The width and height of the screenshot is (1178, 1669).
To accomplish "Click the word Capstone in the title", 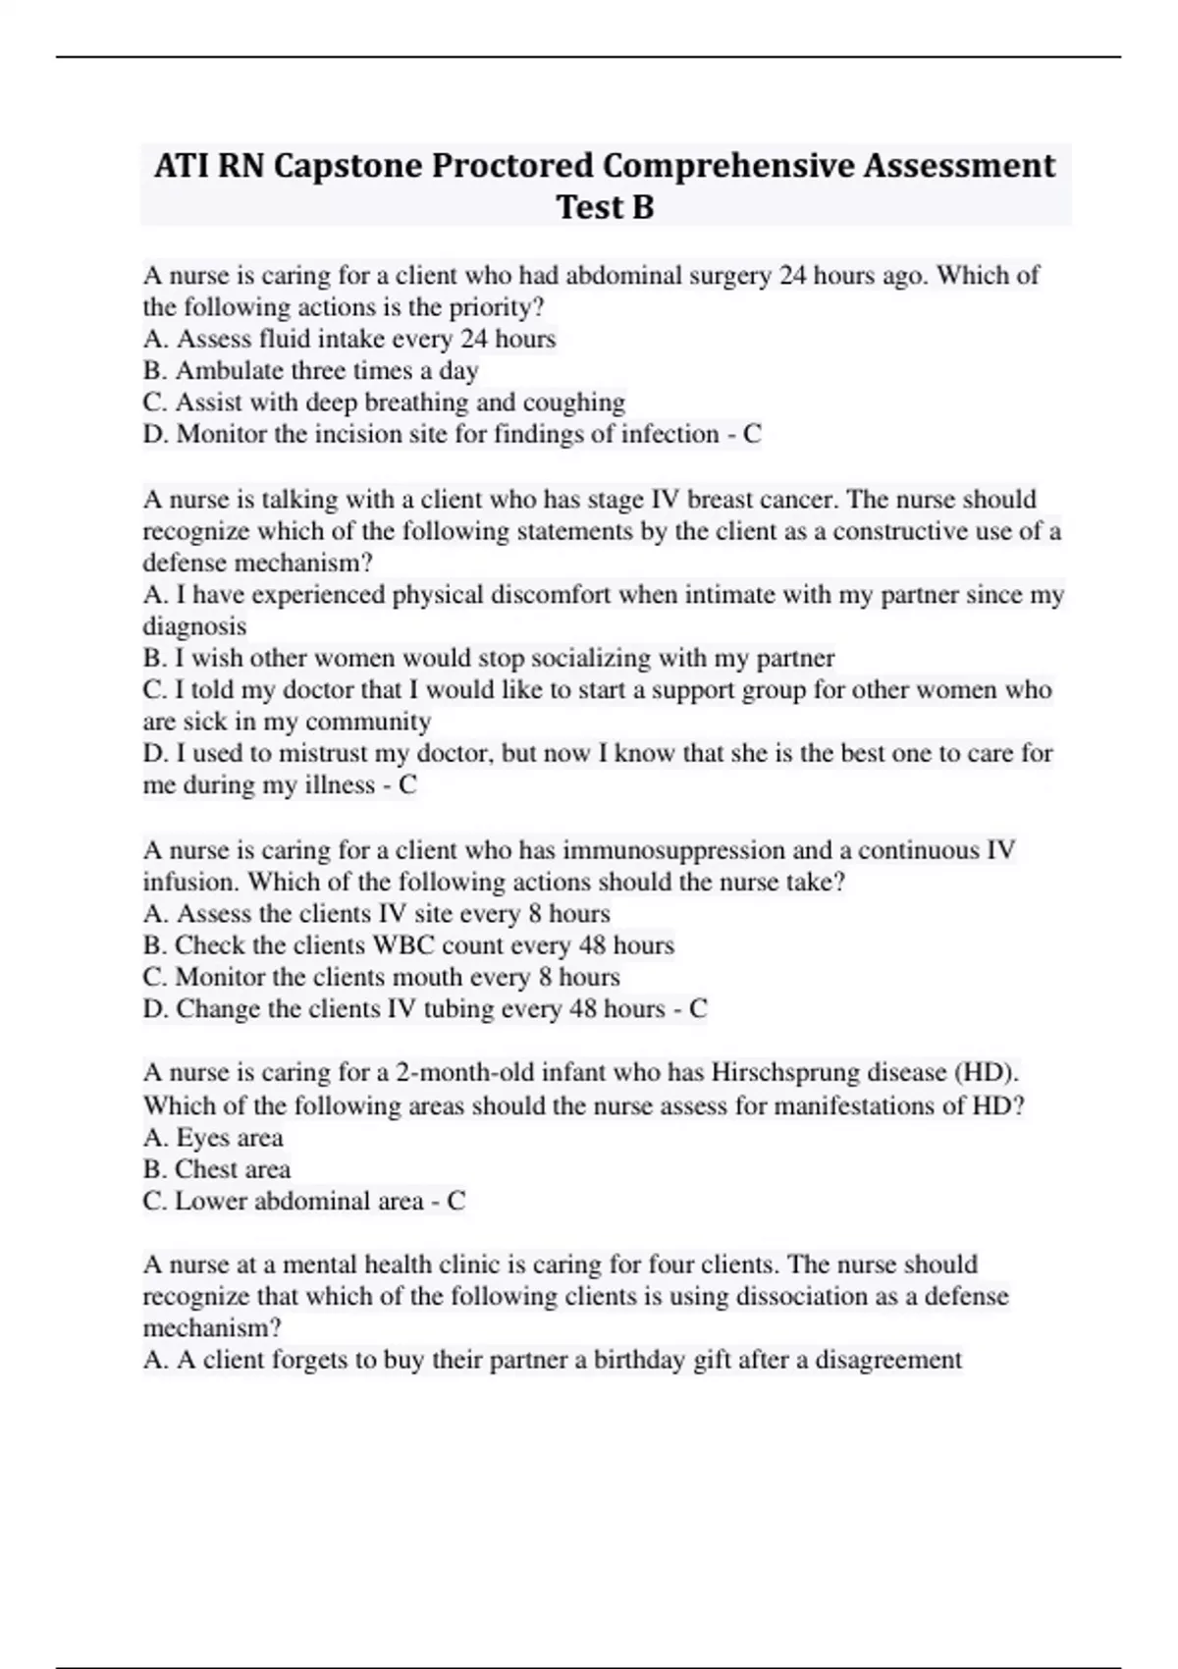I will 348,166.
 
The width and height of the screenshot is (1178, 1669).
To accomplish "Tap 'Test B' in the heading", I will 605,207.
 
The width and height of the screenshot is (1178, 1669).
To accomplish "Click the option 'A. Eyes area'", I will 213,1138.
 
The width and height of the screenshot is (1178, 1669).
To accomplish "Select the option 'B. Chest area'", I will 217,1169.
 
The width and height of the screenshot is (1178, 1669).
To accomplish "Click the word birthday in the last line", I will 637,1360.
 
